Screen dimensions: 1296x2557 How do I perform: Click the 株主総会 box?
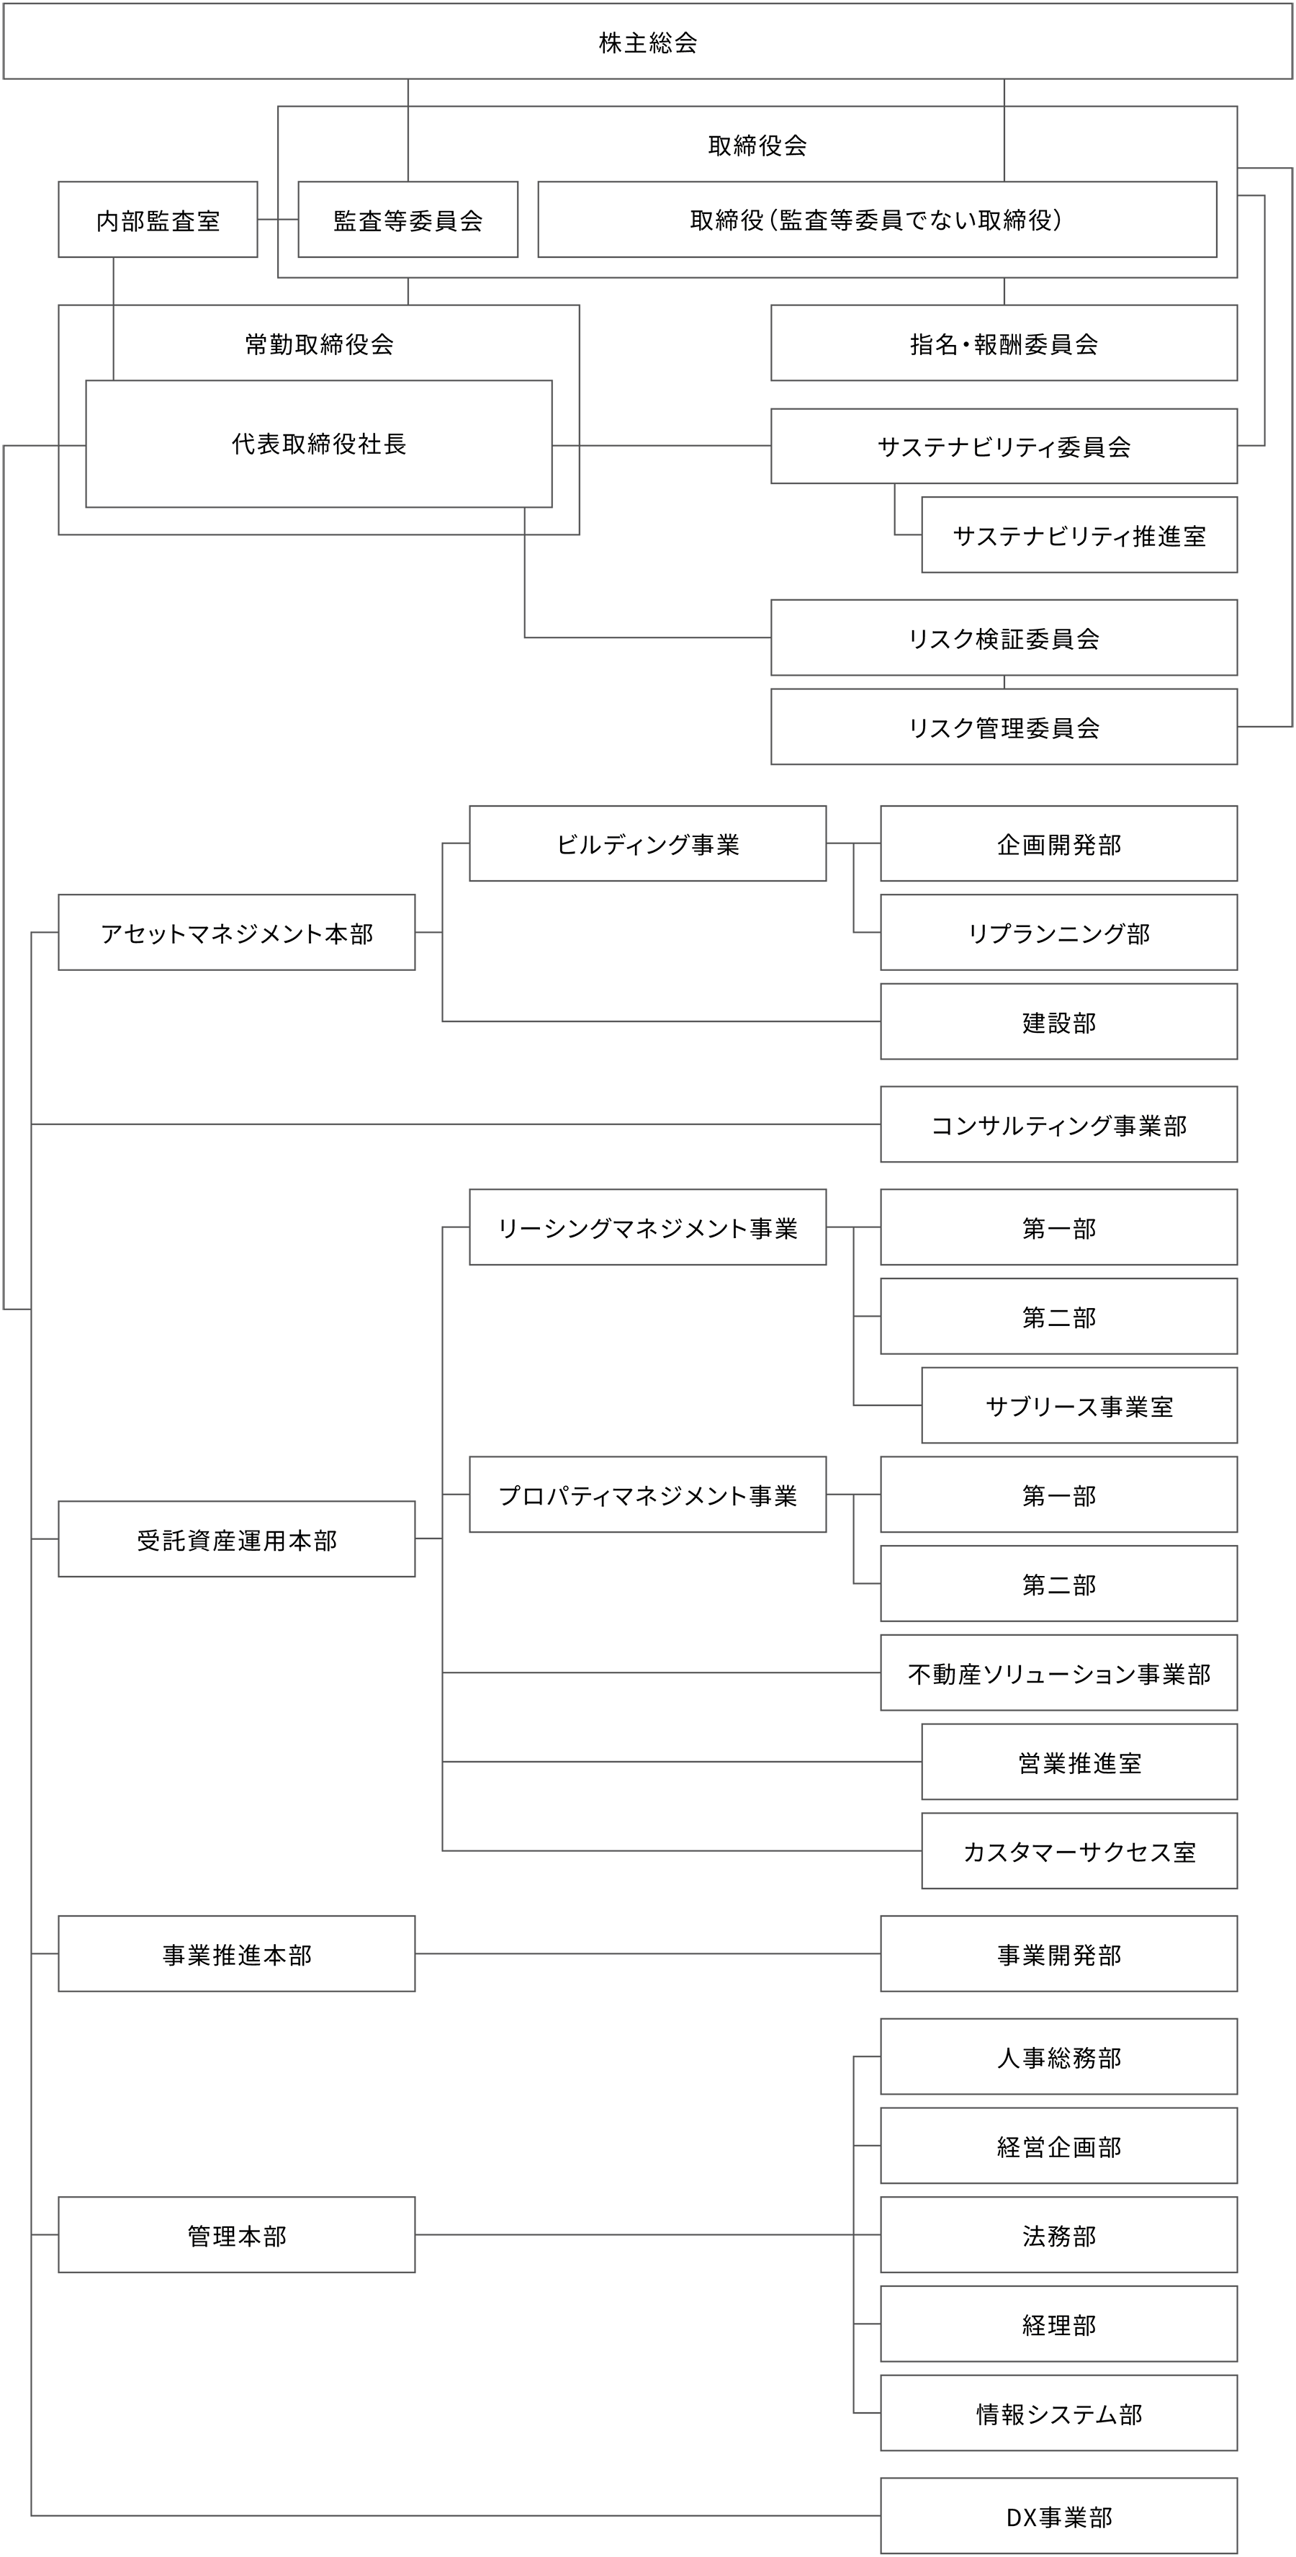[x=648, y=42]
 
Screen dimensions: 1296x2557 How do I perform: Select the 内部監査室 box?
[x=158, y=220]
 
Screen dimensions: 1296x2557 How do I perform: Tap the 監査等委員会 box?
[x=408, y=220]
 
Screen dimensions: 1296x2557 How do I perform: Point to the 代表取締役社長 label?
[x=318, y=444]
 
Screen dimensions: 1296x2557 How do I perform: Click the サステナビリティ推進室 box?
[x=1080, y=535]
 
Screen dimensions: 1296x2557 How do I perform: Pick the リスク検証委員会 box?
[x=1004, y=638]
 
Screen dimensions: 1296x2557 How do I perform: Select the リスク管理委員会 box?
[x=1004, y=727]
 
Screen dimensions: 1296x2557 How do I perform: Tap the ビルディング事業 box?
[x=648, y=843]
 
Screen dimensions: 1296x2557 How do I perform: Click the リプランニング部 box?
[x=1059, y=933]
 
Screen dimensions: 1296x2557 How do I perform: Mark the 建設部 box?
[x=1059, y=1022]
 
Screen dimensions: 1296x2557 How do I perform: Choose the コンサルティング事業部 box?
[x=1059, y=1124]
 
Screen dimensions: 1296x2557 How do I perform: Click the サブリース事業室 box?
[x=1080, y=1405]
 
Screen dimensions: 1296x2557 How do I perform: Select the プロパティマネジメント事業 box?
[x=648, y=1495]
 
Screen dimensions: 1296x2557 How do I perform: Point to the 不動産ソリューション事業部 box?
[x=1059, y=1673]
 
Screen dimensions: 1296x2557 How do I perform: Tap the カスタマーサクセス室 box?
[x=1080, y=1851]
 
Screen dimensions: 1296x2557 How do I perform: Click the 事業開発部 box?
[x=1059, y=1954]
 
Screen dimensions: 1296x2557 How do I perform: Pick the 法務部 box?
[x=1059, y=2235]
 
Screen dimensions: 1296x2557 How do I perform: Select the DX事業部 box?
[x=1059, y=2516]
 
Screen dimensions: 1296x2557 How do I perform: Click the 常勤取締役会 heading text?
[x=318, y=344]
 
